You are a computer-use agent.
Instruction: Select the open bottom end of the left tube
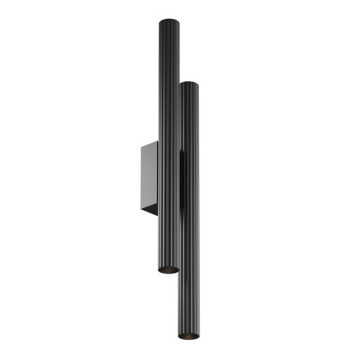(168, 269)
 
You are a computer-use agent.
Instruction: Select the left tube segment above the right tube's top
(168, 52)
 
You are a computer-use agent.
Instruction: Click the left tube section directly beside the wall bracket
(168, 177)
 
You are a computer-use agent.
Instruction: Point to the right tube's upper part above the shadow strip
(189, 118)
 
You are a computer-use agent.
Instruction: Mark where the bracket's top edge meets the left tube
(157, 140)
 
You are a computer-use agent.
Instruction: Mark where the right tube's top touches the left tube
(179, 86)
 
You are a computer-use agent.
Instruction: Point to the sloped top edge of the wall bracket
(149, 144)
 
